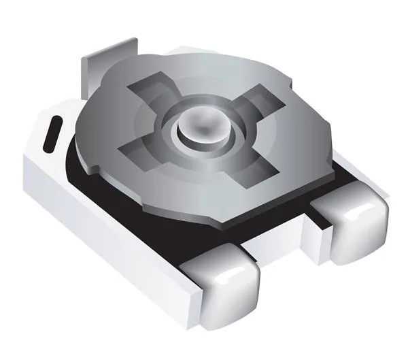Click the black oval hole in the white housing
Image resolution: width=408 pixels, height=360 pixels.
pyautogui.click(x=52, y=134)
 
